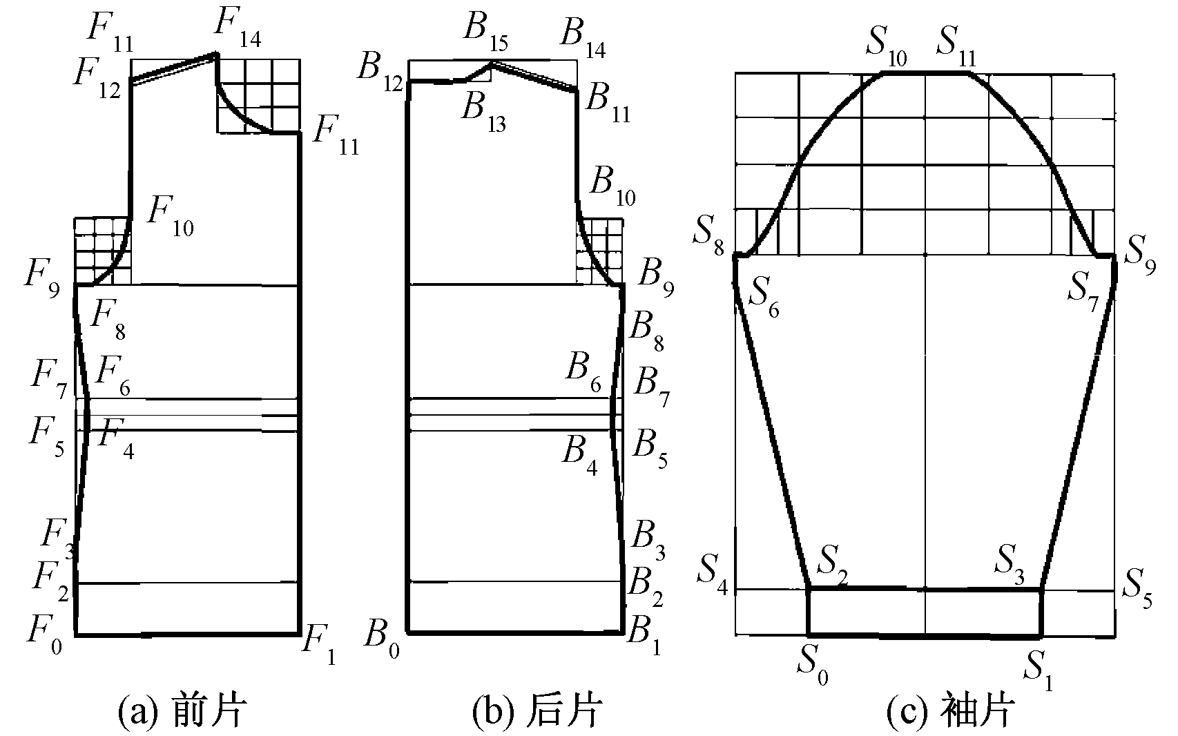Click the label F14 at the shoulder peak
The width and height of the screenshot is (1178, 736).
pyautogui.click(x=237, y=29)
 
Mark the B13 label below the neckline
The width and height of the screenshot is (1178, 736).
pyautogui.click(x=483, y=112)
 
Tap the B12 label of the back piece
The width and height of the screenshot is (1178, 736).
pyautogui.click(x=378, y=72)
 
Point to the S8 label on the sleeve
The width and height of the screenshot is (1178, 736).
pyautogui.click(x=708, y=238)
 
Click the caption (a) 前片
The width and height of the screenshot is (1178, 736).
pyautogui.click(x=181, y=710)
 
